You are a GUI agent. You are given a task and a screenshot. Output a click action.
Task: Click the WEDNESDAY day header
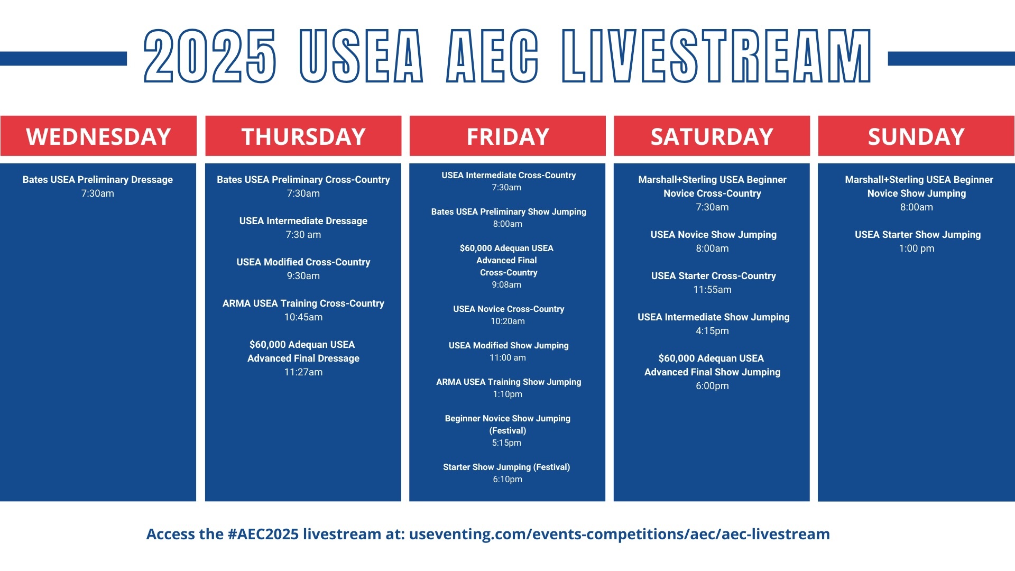pos(98,136)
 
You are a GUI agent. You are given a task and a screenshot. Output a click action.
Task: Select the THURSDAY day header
pos(303,136)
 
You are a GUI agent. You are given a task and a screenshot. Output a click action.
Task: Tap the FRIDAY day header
pos(508,136)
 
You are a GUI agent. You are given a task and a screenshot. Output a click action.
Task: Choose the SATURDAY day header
pos(712,136)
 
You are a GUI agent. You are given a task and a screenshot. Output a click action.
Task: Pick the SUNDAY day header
pos(917,136)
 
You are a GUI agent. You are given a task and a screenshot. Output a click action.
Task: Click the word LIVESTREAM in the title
pos(716,56)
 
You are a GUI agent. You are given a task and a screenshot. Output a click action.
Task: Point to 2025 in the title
pos(210,56)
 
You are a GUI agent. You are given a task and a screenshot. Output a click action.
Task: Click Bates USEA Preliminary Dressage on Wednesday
pos(98,180)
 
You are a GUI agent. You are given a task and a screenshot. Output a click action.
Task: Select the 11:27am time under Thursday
pos(303,372)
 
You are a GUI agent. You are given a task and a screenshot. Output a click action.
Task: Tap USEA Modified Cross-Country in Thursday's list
pos(303,262)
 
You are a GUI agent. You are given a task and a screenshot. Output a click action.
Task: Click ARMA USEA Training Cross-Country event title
pos(303,303)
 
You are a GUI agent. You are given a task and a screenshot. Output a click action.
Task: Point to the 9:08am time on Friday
pos(506,285)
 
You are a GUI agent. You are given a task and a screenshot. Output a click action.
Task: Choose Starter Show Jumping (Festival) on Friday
pos(506,467)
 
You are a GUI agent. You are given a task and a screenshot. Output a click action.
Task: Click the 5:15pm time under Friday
pos(506,443)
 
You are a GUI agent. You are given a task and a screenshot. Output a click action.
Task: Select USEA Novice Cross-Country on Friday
pos(509,309)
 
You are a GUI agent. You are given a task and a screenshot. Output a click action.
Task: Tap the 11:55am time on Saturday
pos(713,290)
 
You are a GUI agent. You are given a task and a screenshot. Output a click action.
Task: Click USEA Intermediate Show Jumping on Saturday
pos(714,317)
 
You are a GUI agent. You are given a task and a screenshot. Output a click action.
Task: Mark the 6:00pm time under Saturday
pos(712,386)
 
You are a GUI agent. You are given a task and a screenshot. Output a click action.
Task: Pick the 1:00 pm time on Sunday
pos(917,248)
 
